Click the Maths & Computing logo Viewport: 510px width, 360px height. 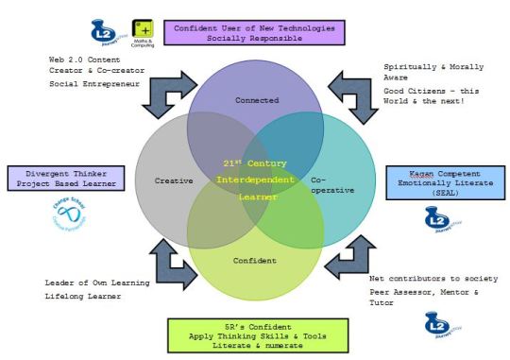(x=144, y=35)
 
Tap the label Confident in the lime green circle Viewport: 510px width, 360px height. (x=255, y=260)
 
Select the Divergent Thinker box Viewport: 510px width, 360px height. (x=63, y=177)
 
